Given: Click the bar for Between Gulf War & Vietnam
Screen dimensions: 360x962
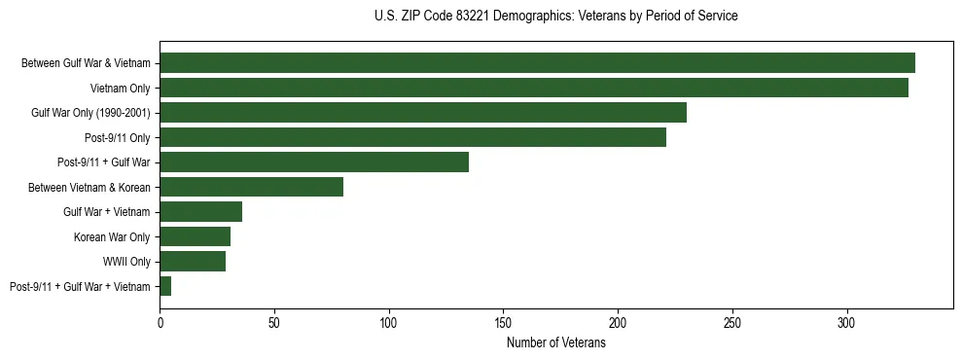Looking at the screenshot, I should [x=537, y=63].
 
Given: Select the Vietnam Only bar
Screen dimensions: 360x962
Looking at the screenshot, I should [x=534, y=88].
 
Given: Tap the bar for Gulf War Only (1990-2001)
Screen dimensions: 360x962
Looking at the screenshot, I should [x=423, y=113].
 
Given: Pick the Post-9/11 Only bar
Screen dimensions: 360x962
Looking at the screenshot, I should [x=412, y=137].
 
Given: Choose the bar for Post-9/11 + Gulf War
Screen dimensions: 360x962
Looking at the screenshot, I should [x=314, y=162].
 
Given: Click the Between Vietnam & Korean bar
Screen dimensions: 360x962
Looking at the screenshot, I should [x=251, y=187].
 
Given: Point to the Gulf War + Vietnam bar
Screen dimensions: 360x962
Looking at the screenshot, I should [x=200, y=212].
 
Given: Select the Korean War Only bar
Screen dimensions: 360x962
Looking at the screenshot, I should [x=195, y=236].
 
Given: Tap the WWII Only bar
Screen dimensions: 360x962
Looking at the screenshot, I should [x=193, y=262].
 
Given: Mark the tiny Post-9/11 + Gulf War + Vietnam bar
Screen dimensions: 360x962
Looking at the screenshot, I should [x=165, y=286].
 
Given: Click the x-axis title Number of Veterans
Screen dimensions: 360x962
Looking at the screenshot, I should [x=555, y=343].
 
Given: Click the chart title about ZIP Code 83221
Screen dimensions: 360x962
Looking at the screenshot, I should [x=555, y=16].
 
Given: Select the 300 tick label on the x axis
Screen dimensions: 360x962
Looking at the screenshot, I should [x=846, y=320].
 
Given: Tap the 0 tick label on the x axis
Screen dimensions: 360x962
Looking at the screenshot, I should [x=160, y=320].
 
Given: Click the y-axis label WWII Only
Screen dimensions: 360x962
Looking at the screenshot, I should [x=126, y=262].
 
